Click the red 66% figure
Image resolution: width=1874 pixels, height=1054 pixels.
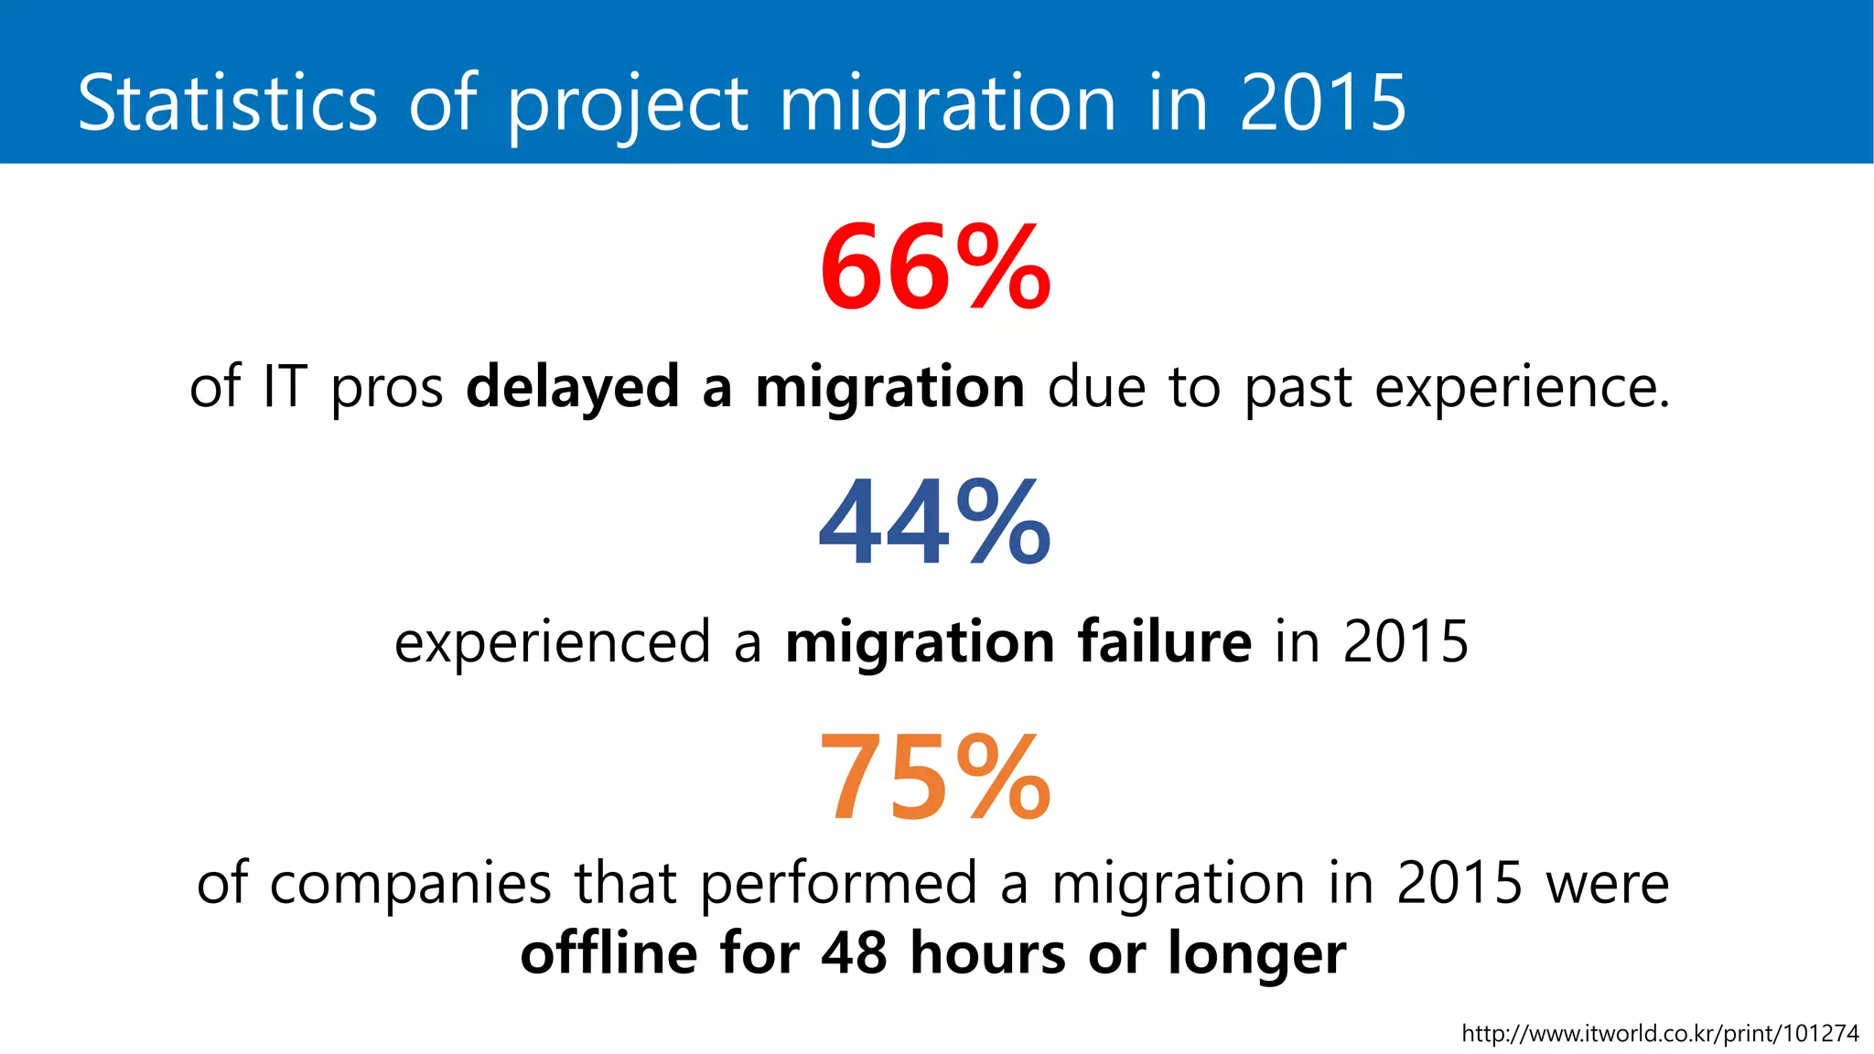click(x=935, y=268)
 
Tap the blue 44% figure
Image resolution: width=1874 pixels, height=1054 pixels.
click(x=935, y=523)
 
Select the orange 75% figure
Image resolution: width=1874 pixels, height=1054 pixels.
click(x=935, y=779)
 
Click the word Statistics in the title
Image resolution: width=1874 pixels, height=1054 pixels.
click(x=227, y=102)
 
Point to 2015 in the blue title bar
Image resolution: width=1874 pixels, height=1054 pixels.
click(x=1322, y=102)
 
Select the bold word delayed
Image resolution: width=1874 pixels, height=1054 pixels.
click(x=573, y=388)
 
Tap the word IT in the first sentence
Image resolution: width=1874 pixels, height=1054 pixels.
click(x=285, y=386)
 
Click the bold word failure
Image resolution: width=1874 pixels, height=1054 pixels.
click(x=1165, y=641)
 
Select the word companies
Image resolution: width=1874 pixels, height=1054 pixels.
click(x=410, y=886)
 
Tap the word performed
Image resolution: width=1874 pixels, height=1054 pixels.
click(x=839, y=886)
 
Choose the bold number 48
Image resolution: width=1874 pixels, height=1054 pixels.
click(x=854, y=953)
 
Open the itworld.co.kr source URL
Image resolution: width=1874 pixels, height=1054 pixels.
click(x=1660, y=1034)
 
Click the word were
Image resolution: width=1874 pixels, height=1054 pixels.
click(x=1608, y=885)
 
